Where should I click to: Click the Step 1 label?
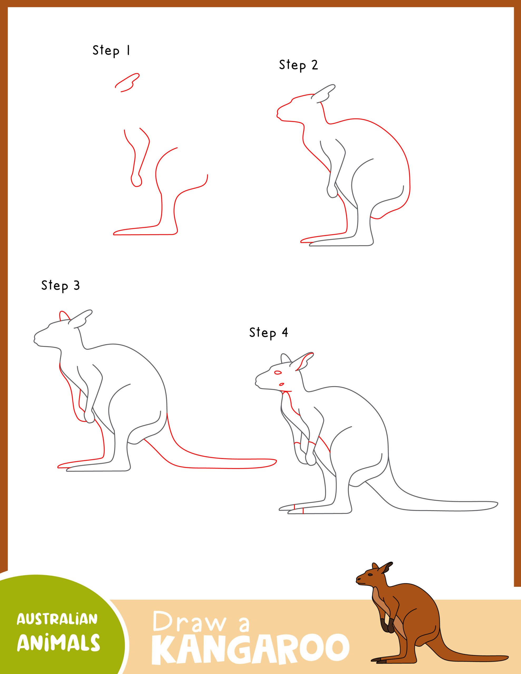point(111,50)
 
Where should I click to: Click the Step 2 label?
point(298,65)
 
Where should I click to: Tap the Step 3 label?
point(61,285)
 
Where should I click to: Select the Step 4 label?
point(268,333)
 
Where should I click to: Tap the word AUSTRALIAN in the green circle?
point(57,619)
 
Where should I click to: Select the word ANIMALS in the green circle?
point(58,643)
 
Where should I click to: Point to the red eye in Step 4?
point(278,373)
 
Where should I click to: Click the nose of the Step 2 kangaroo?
point(278,115)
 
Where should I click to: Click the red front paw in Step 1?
point(136,181)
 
